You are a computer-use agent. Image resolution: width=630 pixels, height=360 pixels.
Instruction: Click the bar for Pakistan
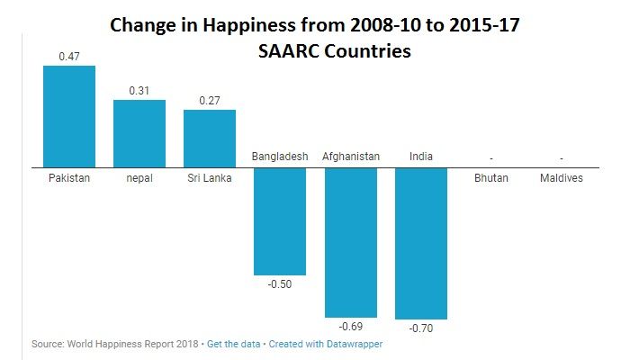[68, 116]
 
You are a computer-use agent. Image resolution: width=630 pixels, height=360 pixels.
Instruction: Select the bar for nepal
[139, 133]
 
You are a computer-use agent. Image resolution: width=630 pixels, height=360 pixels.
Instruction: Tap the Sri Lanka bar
[210, 138]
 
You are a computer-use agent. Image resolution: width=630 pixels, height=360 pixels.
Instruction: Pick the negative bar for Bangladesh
[280, 220]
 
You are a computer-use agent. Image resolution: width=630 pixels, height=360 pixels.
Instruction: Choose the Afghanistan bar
[351, 241]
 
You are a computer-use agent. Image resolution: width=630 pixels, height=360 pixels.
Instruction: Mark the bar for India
[421, 243]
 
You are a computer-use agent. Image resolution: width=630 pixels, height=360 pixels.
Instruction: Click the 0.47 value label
[68, 57]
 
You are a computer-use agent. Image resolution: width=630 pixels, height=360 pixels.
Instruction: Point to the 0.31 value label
[139, 90]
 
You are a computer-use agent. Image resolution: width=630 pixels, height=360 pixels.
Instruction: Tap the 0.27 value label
[210, 100]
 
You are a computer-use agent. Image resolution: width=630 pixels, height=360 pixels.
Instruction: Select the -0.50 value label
[280, 284]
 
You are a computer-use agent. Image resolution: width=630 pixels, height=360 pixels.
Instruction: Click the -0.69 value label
[351, 326]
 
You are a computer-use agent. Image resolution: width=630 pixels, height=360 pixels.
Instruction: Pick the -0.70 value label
[421, 328]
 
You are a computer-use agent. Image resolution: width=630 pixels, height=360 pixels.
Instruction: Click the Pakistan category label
[68, 178]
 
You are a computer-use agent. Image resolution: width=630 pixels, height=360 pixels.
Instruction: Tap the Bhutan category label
[491, 178]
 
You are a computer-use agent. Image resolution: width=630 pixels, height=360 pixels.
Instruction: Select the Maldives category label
[562, 178]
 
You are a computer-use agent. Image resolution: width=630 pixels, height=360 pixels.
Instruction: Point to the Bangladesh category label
[280, 157]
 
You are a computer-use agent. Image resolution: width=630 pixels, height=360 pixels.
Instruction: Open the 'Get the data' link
[233, 345]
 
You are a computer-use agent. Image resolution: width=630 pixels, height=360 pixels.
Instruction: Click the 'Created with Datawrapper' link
[326, 345]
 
